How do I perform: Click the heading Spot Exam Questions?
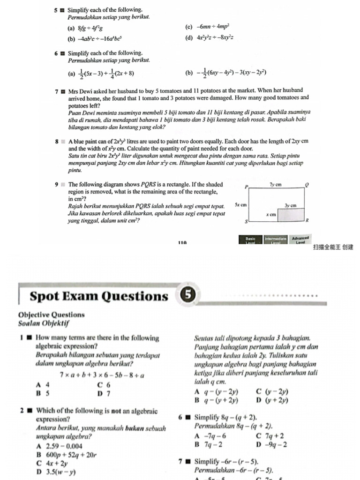[98, 296]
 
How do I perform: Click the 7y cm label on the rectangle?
[275, 185]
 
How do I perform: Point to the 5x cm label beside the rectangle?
[240, 205]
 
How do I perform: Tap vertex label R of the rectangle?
[307, 220]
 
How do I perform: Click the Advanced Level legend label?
[300, 239]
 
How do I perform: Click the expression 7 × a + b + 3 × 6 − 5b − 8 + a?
[102, 375]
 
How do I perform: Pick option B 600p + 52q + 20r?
[66, 454]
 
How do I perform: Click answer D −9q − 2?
[272, 444]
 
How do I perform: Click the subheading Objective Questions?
[52, 315]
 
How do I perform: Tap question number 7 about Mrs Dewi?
[56, 90]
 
